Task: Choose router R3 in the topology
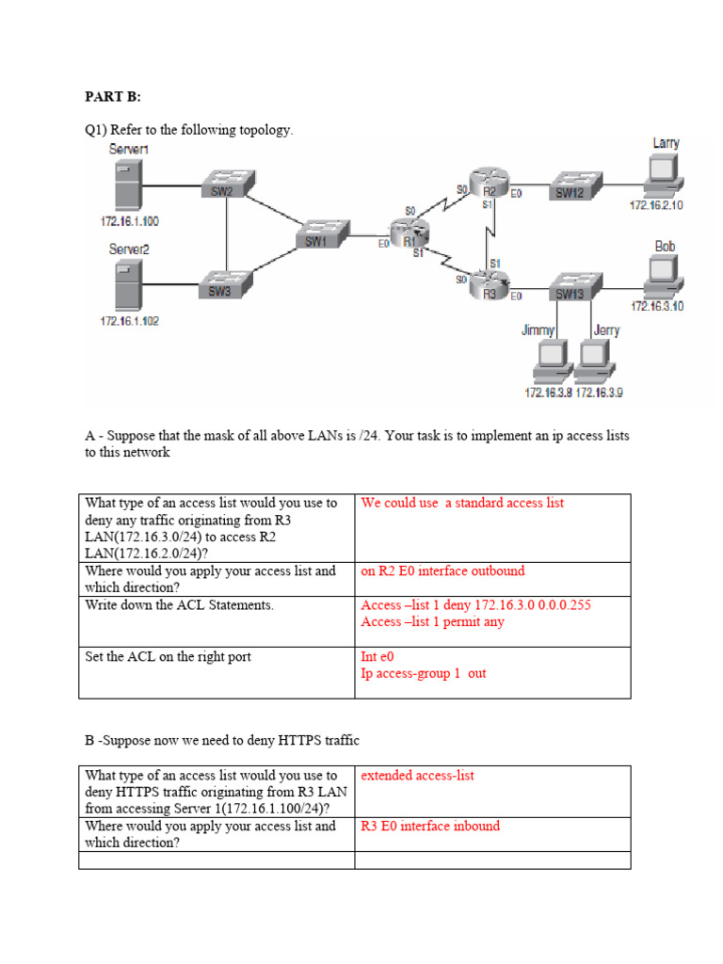(488, 284)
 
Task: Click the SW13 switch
(571, 286)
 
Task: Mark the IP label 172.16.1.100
(130, 221)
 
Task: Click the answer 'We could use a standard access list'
(462, 504)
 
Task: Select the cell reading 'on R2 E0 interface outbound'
(442, 571)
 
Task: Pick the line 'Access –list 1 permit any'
(432, 622)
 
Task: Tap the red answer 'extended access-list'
(417, 777)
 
